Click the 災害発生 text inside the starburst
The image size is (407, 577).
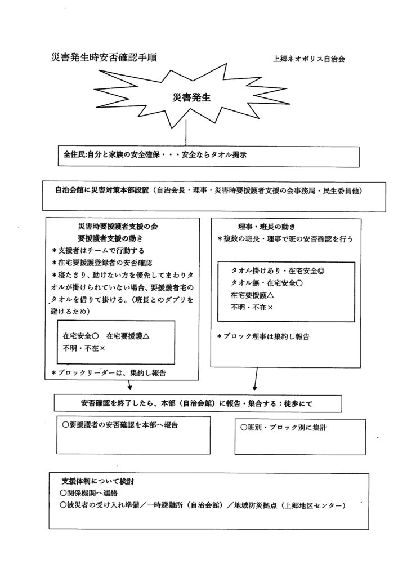(190, 97)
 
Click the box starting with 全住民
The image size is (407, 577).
(208, 156)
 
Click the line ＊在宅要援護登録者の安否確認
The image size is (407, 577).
(101, 263)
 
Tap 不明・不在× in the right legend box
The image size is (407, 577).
(252, 308)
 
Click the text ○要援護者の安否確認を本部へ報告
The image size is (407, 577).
(124, 423)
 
